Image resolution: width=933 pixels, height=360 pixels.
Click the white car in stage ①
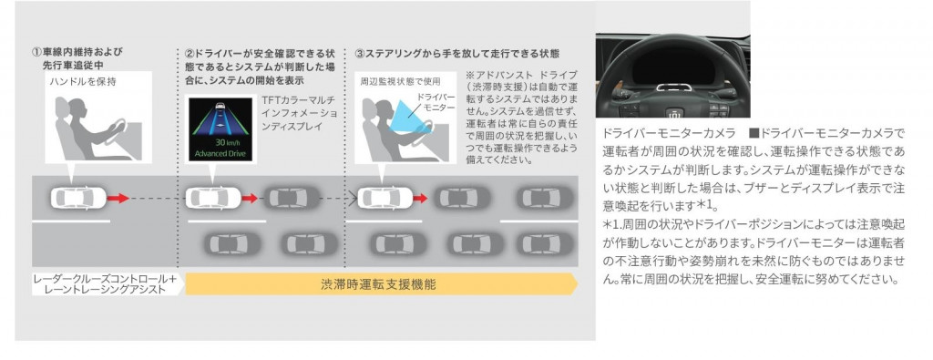(x=78, y=198)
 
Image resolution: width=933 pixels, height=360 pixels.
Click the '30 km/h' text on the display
(x=221, y=143)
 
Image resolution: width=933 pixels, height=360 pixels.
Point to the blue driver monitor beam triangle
(x=411, y=116)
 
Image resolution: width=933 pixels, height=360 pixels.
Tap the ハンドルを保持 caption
(x=83, y=81)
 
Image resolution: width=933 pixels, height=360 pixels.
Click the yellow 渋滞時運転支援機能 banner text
(x=378, y=284)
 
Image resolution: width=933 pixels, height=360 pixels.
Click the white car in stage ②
(x=213, y=198)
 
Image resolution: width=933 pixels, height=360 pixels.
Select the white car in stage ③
(x=384, y=198)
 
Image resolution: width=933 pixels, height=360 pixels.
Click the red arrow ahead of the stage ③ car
(x=421, y=198)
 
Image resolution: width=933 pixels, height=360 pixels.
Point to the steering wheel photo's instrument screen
(x=673, y=67)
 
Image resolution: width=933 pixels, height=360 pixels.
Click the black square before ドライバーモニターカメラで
(x=754, y=132)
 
